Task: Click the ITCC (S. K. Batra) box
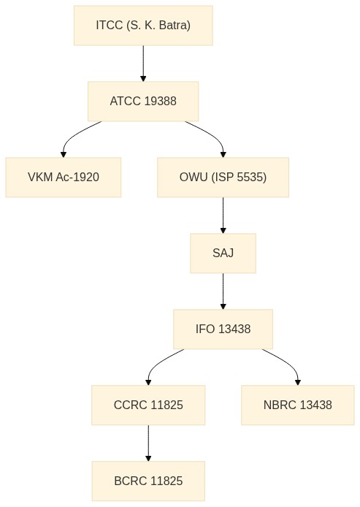click(x=143, y=26)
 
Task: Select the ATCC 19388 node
click(x=143, y=102)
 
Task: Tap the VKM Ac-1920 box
click(x=64, y=178)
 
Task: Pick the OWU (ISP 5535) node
click(x=223, y=178)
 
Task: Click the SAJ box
click(x=223, y=254)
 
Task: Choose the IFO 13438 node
click(x=223, y=329)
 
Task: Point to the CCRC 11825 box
click(x=148, y=405)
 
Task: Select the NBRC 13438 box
click(x=298, y=405)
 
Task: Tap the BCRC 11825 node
click(x=148, y=481)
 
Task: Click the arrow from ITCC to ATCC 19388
click(x=143, y=64)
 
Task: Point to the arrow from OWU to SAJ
click(x=223, y=216)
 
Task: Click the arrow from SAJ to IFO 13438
click(x=223, y=291)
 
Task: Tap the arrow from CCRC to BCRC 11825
click(x=148, y=443)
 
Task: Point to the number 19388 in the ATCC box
click(x=161, y=102)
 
